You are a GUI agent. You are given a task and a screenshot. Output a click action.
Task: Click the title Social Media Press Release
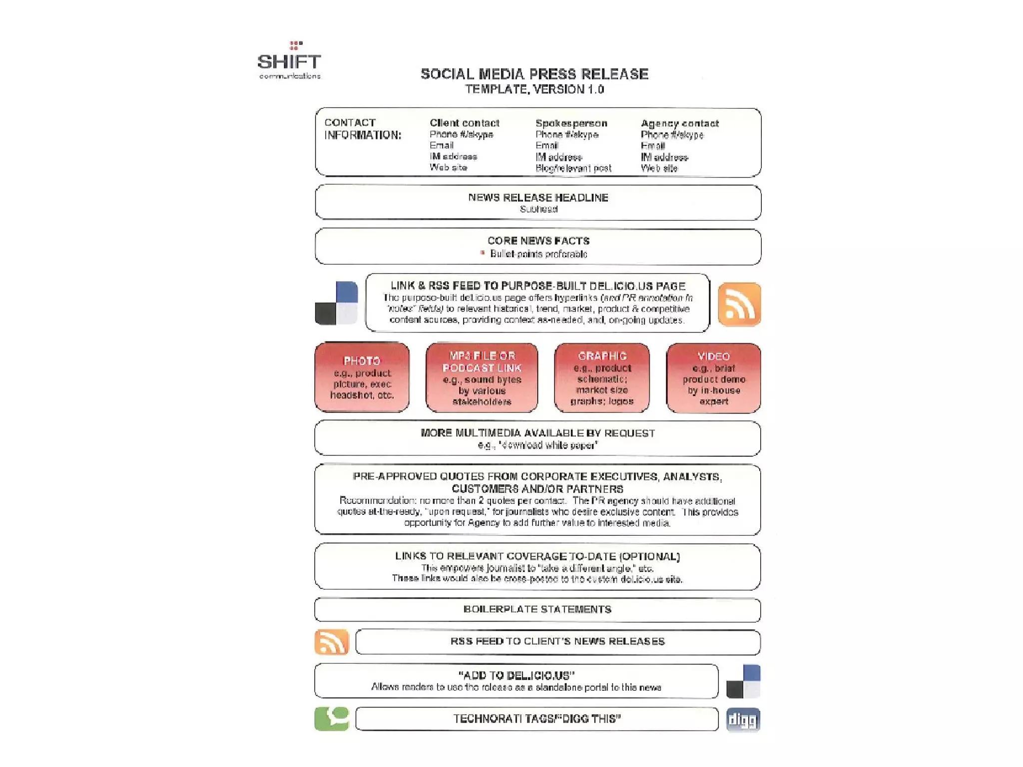(x=534, y=74)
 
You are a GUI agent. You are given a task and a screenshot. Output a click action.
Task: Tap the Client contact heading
(x=464, y=123)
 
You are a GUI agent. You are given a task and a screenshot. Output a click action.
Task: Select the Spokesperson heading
(x=571, y=123)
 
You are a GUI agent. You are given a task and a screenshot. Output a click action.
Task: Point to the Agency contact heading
(x=679, y=123)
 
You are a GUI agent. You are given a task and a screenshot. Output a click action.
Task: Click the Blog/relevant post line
(x=573, y=168)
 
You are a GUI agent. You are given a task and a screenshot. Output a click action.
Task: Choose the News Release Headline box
(x=538, y=202)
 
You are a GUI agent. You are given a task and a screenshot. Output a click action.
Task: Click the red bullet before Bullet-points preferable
(x=483, y=253)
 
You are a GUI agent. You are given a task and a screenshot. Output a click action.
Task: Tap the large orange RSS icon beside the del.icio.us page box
(x=739, y=304)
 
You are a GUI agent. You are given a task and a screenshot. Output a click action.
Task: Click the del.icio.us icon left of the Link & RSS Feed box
(x=336, y=303)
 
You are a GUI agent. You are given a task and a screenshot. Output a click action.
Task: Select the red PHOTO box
(x=362, y=377)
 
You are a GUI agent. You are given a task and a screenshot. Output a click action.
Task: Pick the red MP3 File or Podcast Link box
(x=482, y=378)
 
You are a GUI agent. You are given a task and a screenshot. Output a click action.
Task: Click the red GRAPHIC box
(x=601, y=378)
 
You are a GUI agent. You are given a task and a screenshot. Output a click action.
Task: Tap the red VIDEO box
(x=713, y=378)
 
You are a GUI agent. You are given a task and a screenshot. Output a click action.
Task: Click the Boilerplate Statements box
(x=537, y=610)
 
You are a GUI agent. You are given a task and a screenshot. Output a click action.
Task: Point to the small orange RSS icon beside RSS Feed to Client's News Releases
(x=331, y=642)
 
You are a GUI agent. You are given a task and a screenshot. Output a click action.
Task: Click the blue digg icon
(x=743, y=720)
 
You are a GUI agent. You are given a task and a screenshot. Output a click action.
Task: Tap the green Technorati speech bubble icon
(x=331, y=719)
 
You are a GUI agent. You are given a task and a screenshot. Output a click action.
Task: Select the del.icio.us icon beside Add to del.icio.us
(x=743, y=681)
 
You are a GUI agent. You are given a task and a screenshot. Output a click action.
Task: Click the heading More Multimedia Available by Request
(x=537, y=433)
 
